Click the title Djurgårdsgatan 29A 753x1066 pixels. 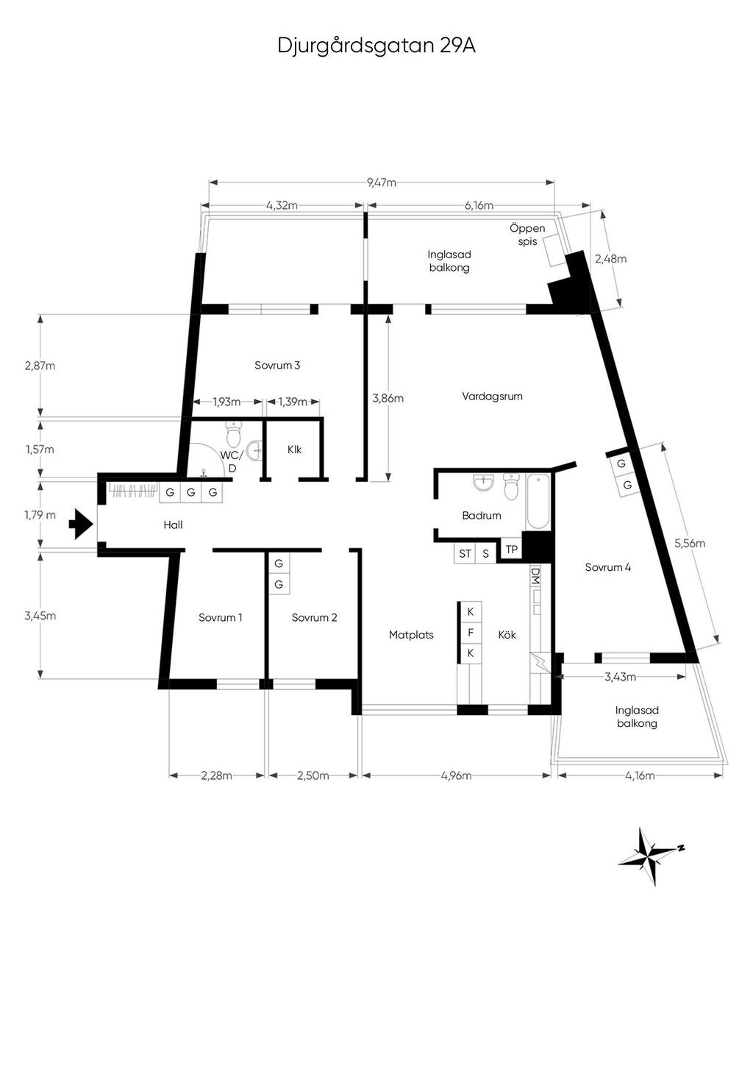pyautogui.click(x=376, y=46)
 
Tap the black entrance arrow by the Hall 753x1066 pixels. pyautogui.click(x=80, y=524)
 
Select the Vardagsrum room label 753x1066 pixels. pyautogui.click(x=492, y=396)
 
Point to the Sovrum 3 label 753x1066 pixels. pyautogui.click(x=276, y=365)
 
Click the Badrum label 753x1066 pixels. pyautogui.click(x=482, y=515)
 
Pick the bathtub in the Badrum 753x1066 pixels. pyautogui.click(x=538, y=502)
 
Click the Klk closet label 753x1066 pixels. pyautogui.click(x=294, y=450)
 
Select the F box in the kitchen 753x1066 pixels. pyautogui.click(x=471, y=633)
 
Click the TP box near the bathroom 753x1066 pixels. pyautogui.click(x=511, y=550)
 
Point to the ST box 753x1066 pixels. pyautogui.click(x=465, y=553)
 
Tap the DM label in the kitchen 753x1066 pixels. pyautogui.click(x=535, y=575)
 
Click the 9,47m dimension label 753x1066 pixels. pyautogui.click(x=382, y=182)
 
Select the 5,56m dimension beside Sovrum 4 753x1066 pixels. pyautogui.click(x=690, y=543)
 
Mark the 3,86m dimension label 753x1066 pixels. pyautogui.click(x=388, y=398)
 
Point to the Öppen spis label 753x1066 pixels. pyautogui.click(x=527, y=235)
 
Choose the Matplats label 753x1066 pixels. pyautogui.click(x=411, y=634)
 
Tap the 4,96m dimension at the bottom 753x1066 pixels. pyautogui.click(x=456, y=775)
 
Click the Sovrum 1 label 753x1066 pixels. pyautogui.click(x=221, y=617)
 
